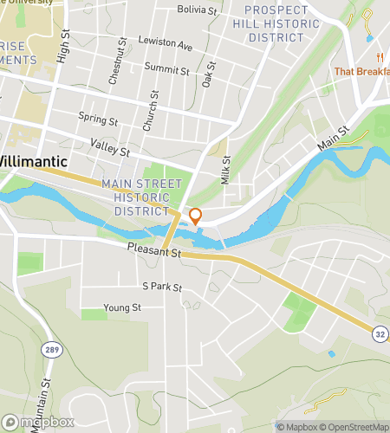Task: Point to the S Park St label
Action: [162, 287]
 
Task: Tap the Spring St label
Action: [97, 119]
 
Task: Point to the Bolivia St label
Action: [198, 10]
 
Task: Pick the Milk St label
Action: [225, 169]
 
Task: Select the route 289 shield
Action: [50, 347]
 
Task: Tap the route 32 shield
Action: [380, 333]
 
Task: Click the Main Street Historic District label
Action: [142, 197]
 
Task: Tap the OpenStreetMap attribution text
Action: [354, 427]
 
